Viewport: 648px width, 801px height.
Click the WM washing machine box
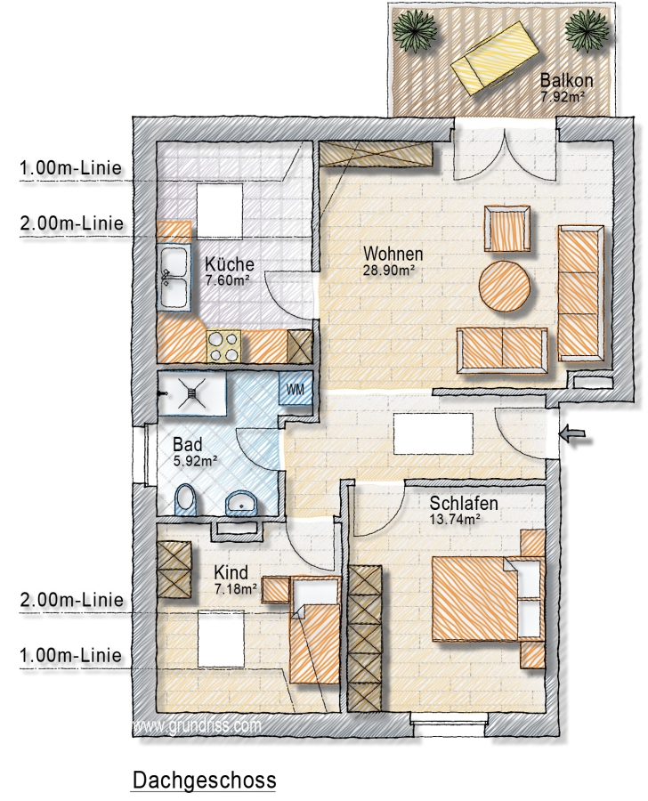coord(295,389)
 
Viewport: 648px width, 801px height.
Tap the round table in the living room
coord(505,286)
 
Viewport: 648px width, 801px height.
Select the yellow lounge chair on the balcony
coord(495,58)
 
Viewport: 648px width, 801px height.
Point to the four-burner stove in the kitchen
coord(224,346)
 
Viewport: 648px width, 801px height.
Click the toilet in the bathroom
coord(185,499)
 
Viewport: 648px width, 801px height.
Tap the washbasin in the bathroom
coord(242,502)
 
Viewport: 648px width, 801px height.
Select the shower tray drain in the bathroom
coord(191,392)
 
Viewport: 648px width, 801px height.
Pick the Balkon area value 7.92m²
coord(563,96)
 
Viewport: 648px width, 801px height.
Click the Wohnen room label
coord(393,254)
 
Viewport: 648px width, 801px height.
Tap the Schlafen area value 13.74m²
coord(454,520)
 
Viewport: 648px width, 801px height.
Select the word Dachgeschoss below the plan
coord(205,781)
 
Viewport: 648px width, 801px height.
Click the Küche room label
coord(230,263)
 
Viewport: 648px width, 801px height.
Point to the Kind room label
coord(231,572)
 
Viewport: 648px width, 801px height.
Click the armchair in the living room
coord(507,229)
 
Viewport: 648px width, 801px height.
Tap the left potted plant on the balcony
coord(417,29)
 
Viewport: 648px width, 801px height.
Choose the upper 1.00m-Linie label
coord(71,167)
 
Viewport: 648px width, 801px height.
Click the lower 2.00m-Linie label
coord(71,599)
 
